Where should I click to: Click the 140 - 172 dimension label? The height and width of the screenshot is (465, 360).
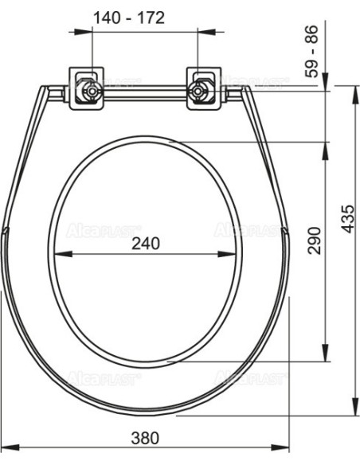[x=129, y=18]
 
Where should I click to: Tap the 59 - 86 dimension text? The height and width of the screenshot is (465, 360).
[x=311, y=51]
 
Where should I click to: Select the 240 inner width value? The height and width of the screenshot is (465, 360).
[x=146, y=244]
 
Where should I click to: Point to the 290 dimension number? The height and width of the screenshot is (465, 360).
[x=314, y=240]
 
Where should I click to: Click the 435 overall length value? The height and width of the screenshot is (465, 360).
[x=347, y=218]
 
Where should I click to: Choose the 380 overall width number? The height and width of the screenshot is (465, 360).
[x=145, y=438]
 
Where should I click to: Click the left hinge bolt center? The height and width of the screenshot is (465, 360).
[x=92, y=91]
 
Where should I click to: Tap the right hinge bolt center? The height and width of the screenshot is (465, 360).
[x=198, y=91]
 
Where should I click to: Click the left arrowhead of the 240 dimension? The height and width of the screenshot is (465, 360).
[x=63, y=254]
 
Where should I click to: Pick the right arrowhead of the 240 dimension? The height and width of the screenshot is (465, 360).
[x=228, y=254]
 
